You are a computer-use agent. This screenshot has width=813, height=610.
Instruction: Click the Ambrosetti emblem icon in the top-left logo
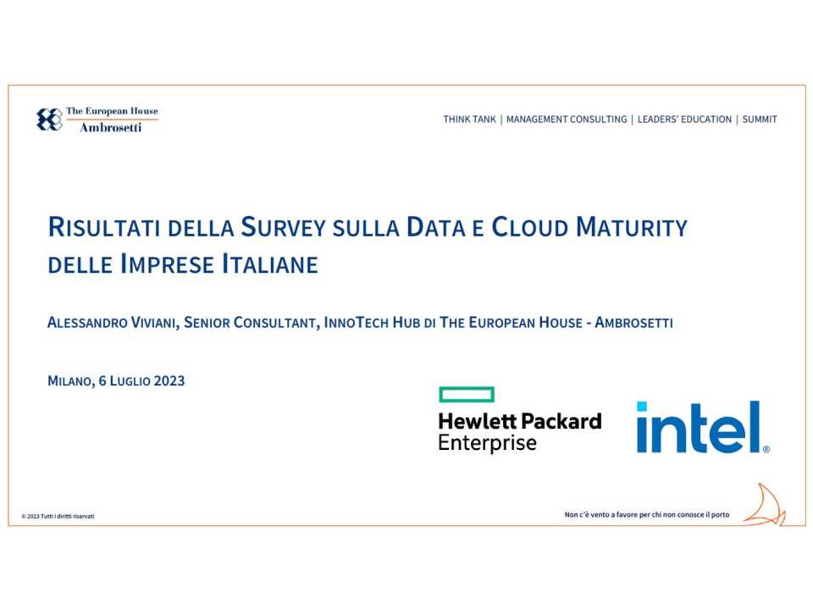click(x=49, y=119)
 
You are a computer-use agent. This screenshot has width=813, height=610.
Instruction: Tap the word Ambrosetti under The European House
click(x=111, y=128)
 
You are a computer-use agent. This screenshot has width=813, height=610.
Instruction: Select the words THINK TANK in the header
click(x=469, y=119)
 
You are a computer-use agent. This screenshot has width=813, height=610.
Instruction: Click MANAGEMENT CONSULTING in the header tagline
click(x=567, y=119)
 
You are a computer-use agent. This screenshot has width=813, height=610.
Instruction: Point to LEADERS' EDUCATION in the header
click(x=684, y=119)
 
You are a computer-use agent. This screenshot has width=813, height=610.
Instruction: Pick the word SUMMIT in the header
click(x=760, y=119)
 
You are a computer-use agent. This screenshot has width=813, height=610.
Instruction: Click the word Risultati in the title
click(x=105, y=228)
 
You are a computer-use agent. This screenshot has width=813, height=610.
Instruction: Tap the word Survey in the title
click(x=279, y=228)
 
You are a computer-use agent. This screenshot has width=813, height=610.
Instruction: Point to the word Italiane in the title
click(x=269, y=264)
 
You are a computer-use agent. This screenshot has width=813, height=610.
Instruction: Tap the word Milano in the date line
click(x=70, y=381)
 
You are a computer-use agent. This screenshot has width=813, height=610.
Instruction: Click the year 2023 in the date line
click(x=169, y=381)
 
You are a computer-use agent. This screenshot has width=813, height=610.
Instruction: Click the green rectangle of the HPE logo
click(x=467, y=394)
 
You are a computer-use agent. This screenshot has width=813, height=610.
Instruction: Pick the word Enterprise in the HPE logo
click(x=487, y=443)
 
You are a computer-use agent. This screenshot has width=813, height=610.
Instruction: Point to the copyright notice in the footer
click(x=58, y=516)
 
